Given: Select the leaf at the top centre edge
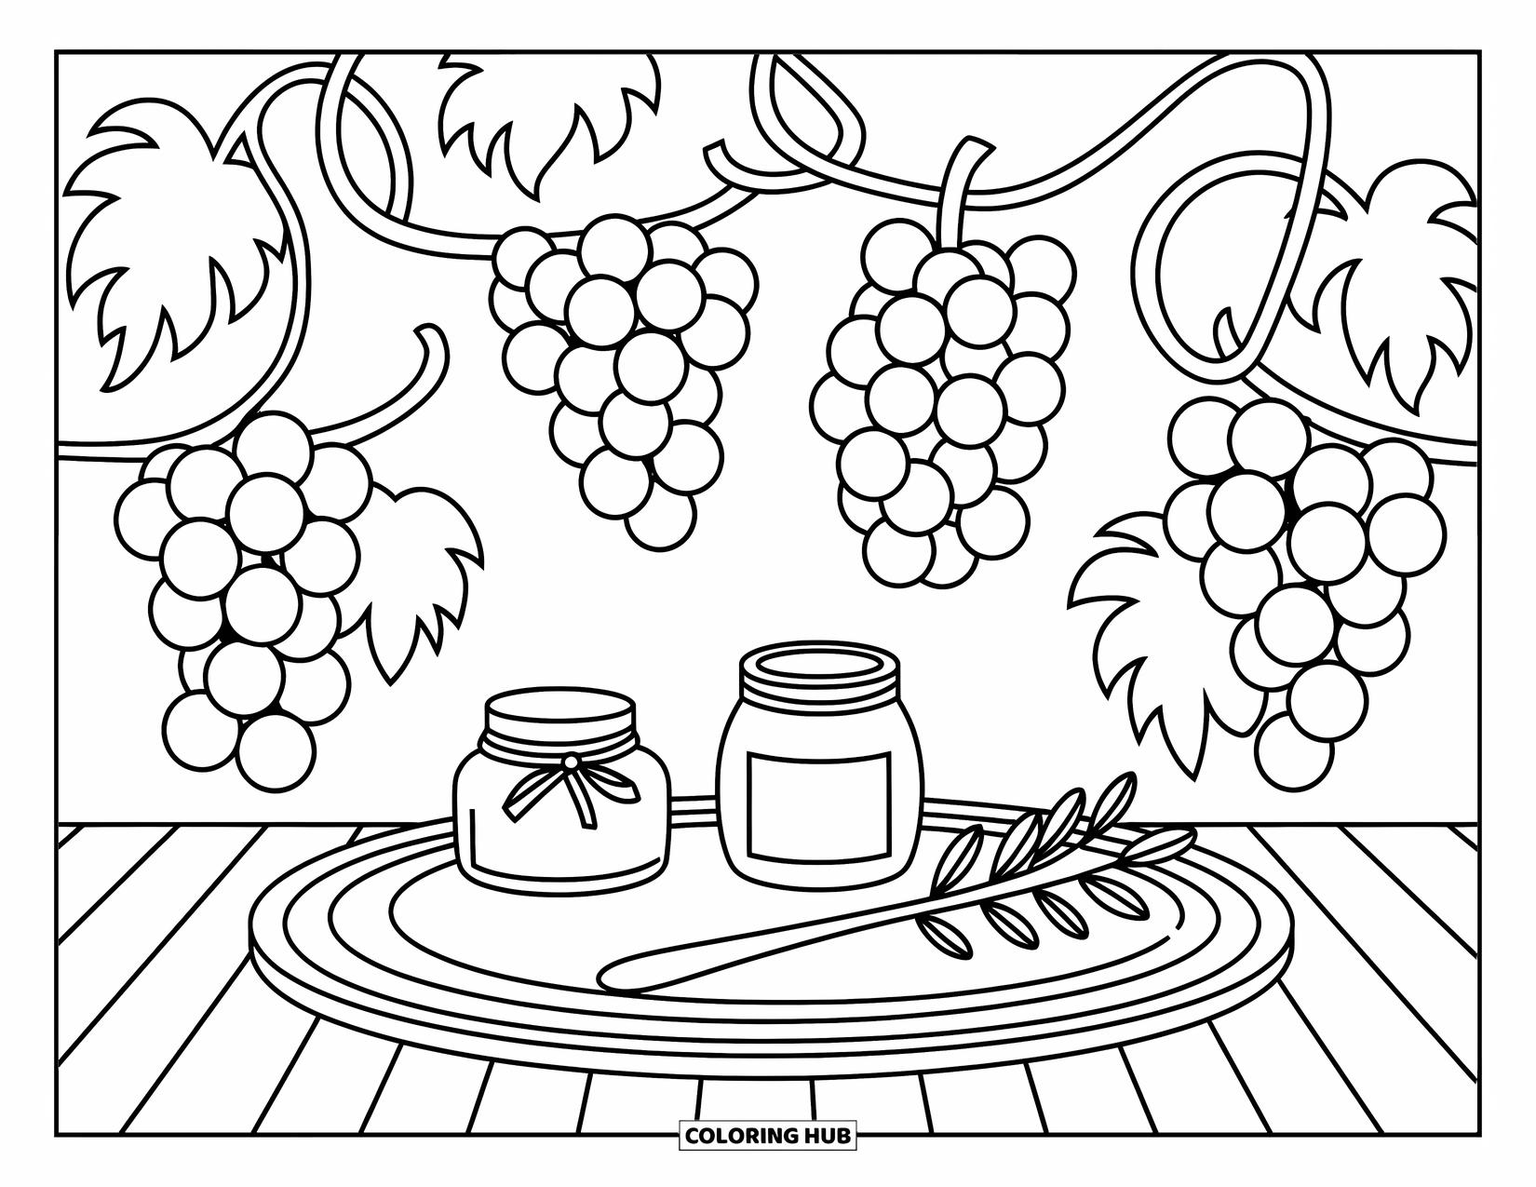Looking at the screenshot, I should pos(549,112).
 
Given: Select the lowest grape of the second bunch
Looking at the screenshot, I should pos(660,516).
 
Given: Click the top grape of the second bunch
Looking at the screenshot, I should pos(613,247).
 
